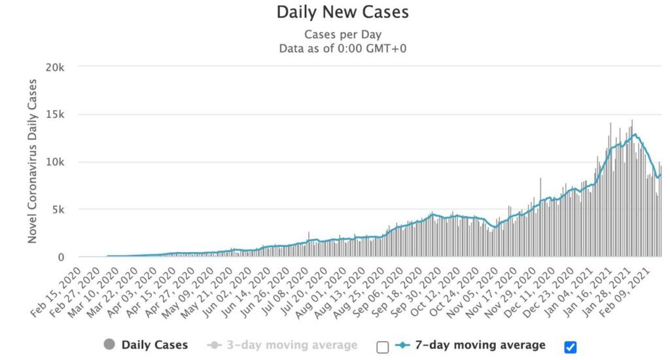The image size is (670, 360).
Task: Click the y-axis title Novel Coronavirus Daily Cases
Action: tap(32, 162)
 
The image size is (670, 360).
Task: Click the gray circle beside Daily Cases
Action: tap(109, 345)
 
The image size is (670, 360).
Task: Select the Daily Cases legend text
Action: tap(154, 345)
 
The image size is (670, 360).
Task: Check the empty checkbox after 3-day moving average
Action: tap(383, 346)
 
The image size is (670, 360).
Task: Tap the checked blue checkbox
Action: tap(570, 346)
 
